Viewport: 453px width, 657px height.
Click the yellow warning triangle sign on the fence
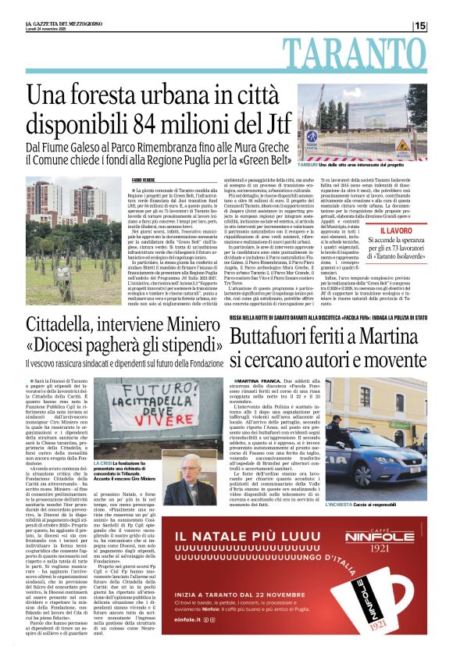404,145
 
